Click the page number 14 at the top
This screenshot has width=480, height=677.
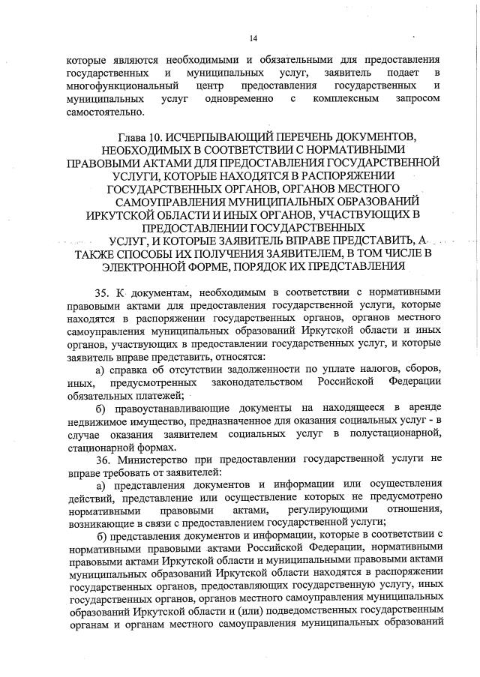pos(253,38)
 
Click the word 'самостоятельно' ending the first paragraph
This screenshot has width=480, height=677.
pos(104,112)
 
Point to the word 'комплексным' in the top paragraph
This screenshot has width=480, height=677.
pos(346,99)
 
